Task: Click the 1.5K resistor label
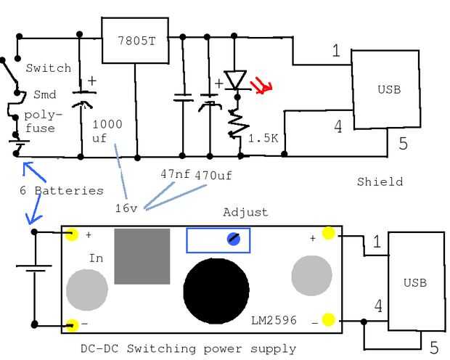pos(263,137)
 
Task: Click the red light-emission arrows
pos(261,88)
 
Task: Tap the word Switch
pos(49,68)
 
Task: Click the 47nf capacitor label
pos(175,174)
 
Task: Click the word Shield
pos(380,181)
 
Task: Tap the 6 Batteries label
pos(61,190)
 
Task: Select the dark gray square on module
pos(142,256)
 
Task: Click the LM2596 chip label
pos(274,320)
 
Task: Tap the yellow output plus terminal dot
pos(328,234)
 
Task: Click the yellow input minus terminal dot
pos(72,324)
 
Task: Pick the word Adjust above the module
pos(245,213)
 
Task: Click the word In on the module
pos(97,258)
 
